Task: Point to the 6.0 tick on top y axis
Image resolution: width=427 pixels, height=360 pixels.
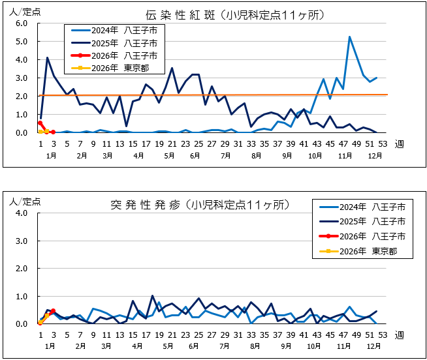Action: pyautogui.click(x=20, y=23)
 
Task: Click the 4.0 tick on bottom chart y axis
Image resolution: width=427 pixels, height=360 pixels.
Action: pyautogui.click(x=20, y=213)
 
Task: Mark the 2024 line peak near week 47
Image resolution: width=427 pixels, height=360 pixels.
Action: pyautogui.click(x=349, y=37)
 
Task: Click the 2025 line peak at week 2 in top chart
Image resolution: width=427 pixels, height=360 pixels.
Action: pyautogui.click(x=47, y=57)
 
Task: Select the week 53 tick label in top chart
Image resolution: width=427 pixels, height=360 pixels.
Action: pyautogui.click(x=383, y=145)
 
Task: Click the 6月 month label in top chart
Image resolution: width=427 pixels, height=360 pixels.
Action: pyautogui.click(x=194, y=157)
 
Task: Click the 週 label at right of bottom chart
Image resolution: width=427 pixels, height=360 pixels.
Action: pyautogui.click(x=398, y=335)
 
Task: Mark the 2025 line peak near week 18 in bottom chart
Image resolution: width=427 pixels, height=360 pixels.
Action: pyautogui.click(x=153, y=296)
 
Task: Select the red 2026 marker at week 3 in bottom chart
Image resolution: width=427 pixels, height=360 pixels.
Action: pyautogui.click(x=53, y=311)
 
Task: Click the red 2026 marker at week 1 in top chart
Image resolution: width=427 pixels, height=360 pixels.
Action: pyautogui.click(x=40, y=123)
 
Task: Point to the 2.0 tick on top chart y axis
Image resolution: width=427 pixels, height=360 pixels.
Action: pyautogui.click(x=20, y=96)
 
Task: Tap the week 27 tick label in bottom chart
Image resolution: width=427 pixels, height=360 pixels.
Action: pyautogui.click(x=212, y=335)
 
